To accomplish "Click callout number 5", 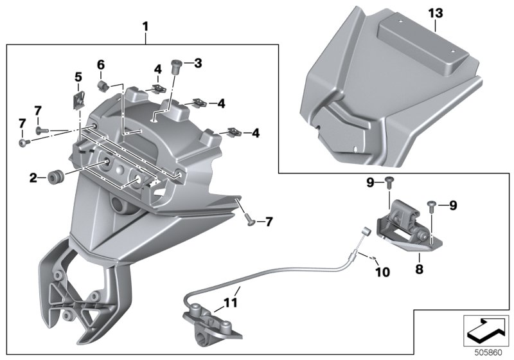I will (x=78, y=78).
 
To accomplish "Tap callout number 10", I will (x=382, y=273).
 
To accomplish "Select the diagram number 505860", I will (x=487, y=352).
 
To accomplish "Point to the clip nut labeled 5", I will (x=80, y=99).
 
